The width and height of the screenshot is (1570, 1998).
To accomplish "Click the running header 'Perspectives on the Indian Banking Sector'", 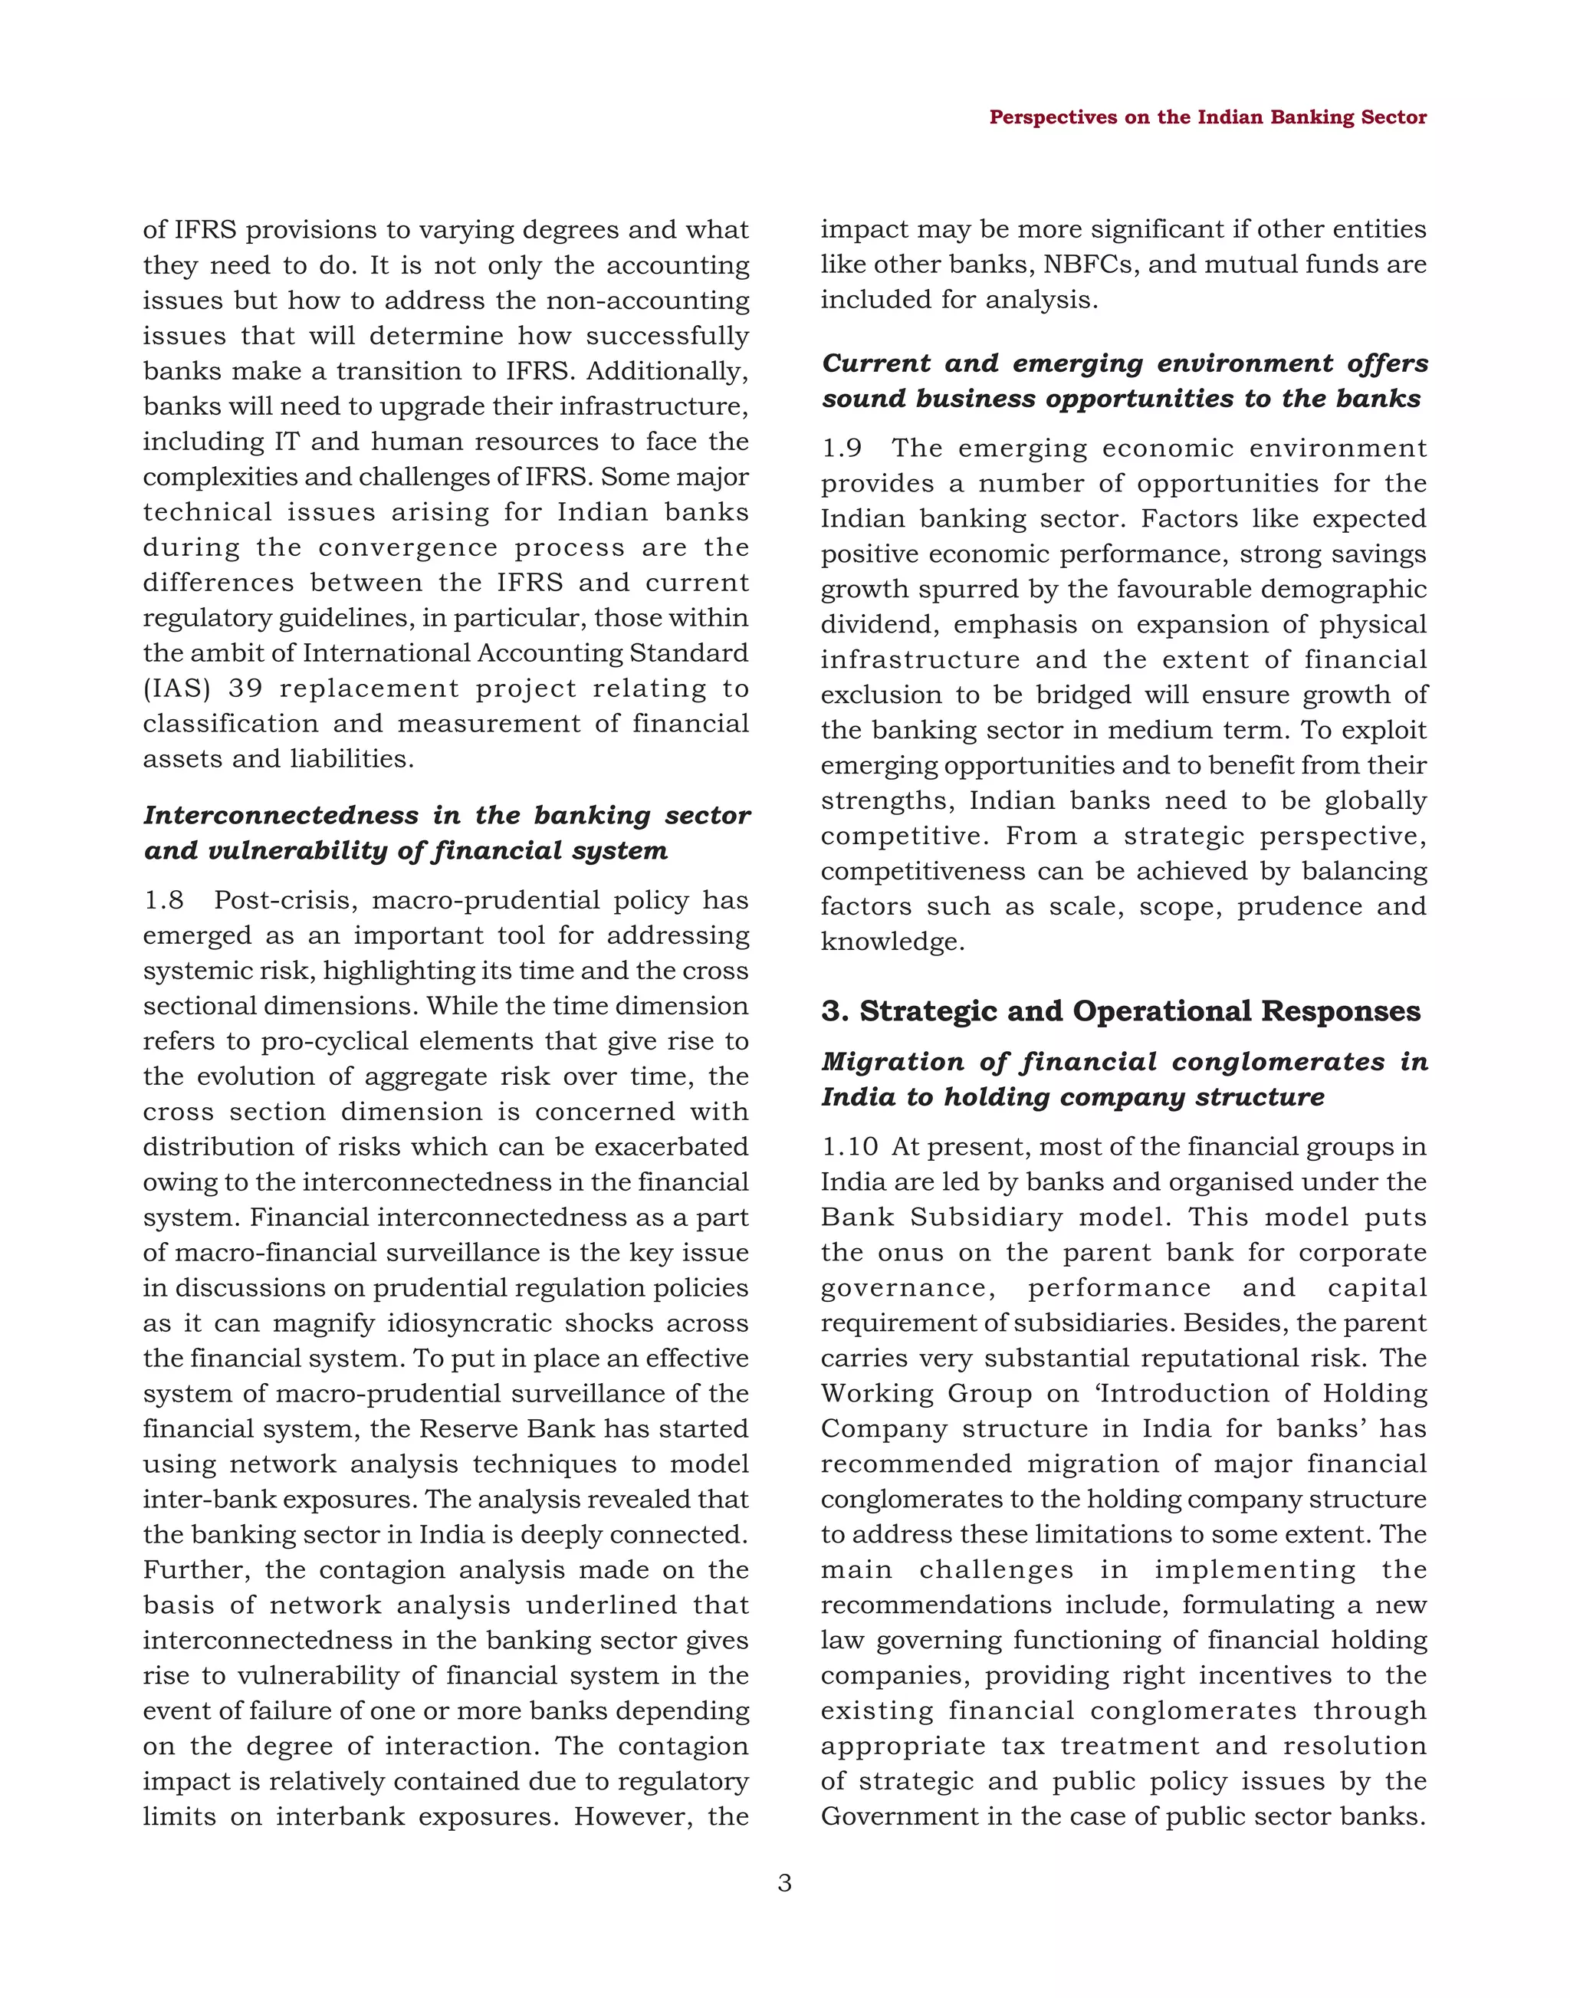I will pos(1207,118).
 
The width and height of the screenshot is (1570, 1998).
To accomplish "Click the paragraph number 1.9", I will pos(841,449).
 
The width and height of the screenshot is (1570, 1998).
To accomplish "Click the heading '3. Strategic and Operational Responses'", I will pos(1121,1011).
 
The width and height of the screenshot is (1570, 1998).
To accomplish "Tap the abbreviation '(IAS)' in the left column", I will pos(175,688).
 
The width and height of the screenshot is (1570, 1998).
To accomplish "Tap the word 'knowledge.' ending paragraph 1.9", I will pos(892,941).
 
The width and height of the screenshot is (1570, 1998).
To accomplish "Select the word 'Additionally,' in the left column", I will pos(668,372).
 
